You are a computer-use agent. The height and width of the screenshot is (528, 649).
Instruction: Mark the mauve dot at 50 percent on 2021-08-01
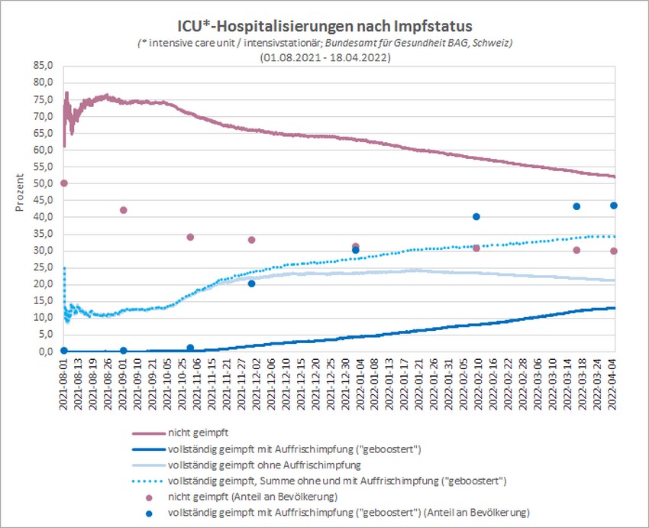[x=64, y=183]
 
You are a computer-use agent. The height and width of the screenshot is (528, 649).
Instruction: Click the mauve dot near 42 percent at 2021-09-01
[x=124, y=210]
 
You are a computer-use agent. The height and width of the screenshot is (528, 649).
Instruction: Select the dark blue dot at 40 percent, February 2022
[x=476, y=216]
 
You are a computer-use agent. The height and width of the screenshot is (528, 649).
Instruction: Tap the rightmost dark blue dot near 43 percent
[x=614, y=206]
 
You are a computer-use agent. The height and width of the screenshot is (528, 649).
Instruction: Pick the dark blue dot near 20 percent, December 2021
[x=251, y=283]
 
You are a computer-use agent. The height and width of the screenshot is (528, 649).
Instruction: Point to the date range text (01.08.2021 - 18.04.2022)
[x=324, y=57]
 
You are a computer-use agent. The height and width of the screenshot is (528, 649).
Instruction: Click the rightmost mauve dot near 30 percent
[x=614, y=251]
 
